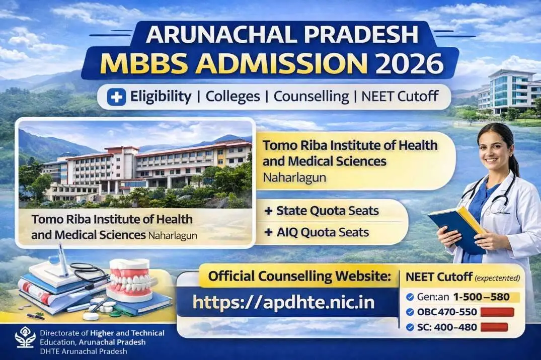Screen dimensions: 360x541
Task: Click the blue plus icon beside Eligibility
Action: point(116,97)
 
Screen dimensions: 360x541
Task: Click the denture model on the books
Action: point(130,279)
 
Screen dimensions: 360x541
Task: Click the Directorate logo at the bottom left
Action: point(25,338)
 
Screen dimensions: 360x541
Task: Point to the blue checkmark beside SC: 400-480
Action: point(410,328)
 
